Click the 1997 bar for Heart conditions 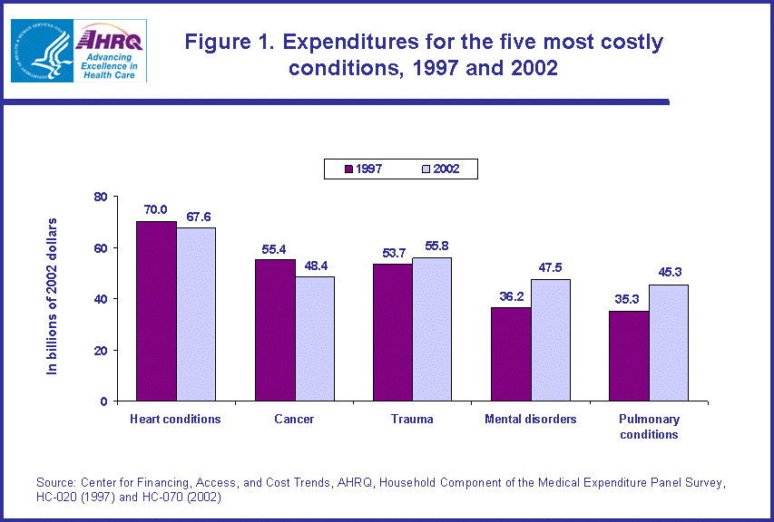click(156, 311)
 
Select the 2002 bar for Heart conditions click(196, 314)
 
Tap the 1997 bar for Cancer click(275, 330)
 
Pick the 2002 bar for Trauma click(432, 329)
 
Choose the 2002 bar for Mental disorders click(550, 340)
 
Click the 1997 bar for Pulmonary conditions click(628, 355)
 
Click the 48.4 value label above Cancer click(314, 263)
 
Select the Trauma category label click(412, 419)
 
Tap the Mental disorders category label click(530, 419)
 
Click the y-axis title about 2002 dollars click(52, 296)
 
